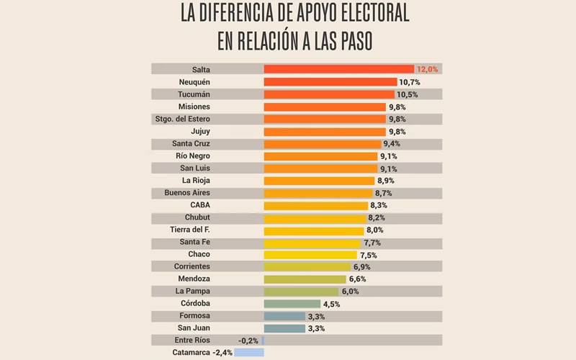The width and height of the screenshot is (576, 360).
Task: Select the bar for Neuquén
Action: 330,82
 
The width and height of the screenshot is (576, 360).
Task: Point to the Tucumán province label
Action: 192,94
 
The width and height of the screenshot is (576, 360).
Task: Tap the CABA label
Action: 199,205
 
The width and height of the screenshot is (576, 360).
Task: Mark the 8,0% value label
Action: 376,230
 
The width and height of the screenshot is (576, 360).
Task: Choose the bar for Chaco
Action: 310,254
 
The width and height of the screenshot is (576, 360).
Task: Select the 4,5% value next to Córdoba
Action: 331,304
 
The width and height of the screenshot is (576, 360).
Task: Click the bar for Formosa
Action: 284,315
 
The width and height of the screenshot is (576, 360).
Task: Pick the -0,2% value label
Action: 248,341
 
